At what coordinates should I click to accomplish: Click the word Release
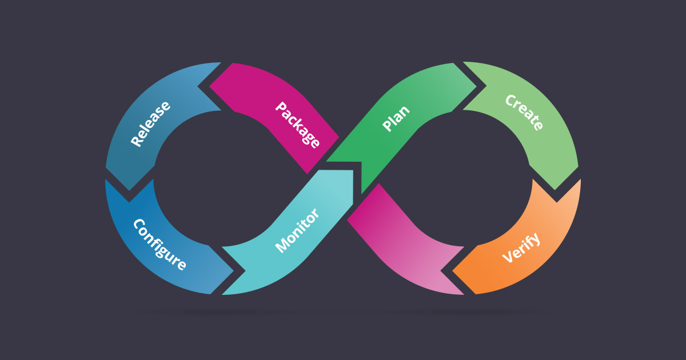click(x=151, y=124)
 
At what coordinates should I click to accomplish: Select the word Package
click(x=297, y=125)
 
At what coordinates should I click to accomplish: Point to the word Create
click(x=524, y=112)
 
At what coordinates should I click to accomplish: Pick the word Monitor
click(x=297, y=231)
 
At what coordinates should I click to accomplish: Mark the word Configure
click(x=159, y=245)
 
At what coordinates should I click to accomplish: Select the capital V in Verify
click(x=507, y=258)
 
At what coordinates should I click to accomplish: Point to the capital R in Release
click(x=137, y=141)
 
